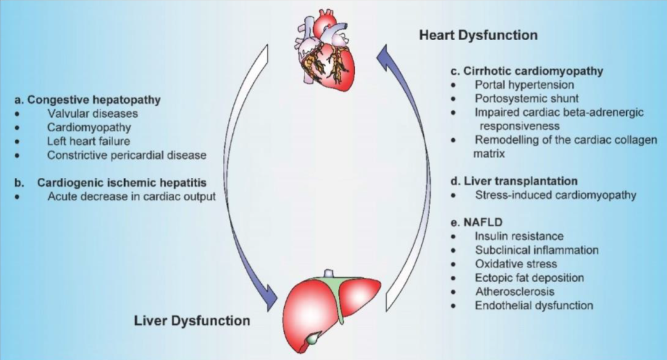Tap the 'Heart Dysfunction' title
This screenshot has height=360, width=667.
(x=478, y=35)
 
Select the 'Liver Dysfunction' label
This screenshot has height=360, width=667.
(x=192, y=320)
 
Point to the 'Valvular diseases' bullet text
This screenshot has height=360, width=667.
(x=92, y=114)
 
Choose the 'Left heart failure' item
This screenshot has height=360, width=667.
(x=88, y=141)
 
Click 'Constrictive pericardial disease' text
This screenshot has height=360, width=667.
(x=126, y=155)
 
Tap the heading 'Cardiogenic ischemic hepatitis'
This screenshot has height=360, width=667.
(x=121, y=183)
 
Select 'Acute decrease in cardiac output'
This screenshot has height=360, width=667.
(x=131, y=197)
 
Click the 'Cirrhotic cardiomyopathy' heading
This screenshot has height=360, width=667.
(x=534, y=71)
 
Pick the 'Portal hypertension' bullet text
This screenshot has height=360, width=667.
(x=524, y=85)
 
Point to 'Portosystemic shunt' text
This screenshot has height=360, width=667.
(x=526, y=98)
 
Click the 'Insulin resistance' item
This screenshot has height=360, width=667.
(x=519, y=236)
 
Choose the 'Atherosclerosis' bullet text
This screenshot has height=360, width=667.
(x=514, y=291)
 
